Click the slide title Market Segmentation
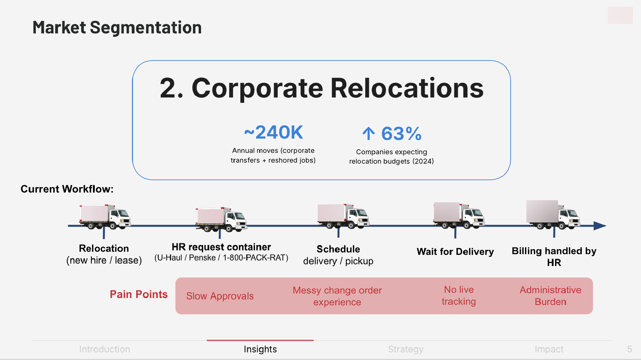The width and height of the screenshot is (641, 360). pyautogui.click(x=117, y=28)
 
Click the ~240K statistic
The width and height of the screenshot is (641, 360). pyautogui.click(x=273, y=132)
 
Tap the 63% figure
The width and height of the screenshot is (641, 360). pyautogui.click(x=401, y=134)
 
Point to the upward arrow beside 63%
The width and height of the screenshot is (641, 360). pyautogui.click(x=369, y=133)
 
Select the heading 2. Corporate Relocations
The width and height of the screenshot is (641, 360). pyautogui.click(x=322, y=88)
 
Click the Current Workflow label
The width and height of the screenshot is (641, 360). pyautogui.click(x=67, y=189)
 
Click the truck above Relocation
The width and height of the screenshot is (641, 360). pyautogui.click(x=105, y=217)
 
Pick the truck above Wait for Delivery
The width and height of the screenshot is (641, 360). pyautogui.click(x=459, y=215)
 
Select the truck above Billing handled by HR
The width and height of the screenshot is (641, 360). pyautogui.click(x=553, y=214)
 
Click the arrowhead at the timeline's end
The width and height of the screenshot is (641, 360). pyautogui.click(x=600, y=226)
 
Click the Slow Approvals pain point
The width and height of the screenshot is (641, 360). pyautogui.click(x=220, y=296)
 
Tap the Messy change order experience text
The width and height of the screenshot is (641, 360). pyautogui.click(x=337, y=296)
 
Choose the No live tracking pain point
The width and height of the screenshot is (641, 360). pyautogui.click(x=459, y=295)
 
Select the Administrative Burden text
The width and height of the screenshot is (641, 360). pyautogui.click(x=550, y=296)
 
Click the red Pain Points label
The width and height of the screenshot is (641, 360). pyautogui.click(x=139, y=294)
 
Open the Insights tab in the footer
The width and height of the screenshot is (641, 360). pyautogui.click(x=260, y=349)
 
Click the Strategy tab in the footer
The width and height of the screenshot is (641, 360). pyautogui.click(x=406, y=349)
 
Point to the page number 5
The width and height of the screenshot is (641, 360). pyautogui.click(x=630, y=349)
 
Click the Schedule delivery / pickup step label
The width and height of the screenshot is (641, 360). pyautogui.click(x=338, y=255)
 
